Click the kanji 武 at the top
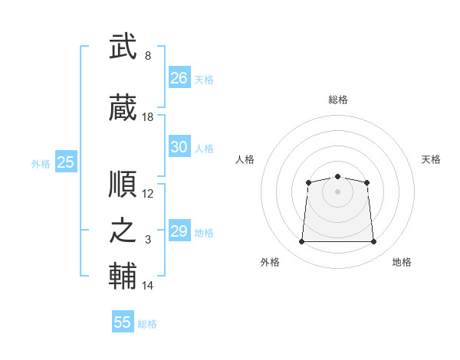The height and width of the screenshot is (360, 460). pyautogui.click(x=123, y=47)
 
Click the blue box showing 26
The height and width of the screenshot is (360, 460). pyautogui.click(x=179, y=77)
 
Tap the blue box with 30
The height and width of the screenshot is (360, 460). pyautogui.click(x=179, y=147)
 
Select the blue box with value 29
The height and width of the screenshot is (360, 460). pyautogui.click(x=179, y=231)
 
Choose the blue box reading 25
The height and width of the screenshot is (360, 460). pyautogui.click(x=65, y=162)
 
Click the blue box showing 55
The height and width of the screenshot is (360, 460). pyautogui.click(x=123, y=322)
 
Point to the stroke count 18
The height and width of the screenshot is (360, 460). pyautogui.click(x=148, y=117)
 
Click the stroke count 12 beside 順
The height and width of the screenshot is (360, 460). pyautogui.click(x=148, y=194)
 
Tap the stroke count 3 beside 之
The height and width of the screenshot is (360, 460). pyautogui.click(x=148, y=240)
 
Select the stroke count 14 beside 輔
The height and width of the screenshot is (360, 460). pyautogui.click(x=148, y=286)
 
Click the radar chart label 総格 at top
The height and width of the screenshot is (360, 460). pyautogui.click(x=338, y=100)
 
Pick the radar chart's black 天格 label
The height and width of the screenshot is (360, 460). pyautogui.click(x=431, y=159)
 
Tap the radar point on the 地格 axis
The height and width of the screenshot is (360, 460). pyautogui.click(x=374, y=242)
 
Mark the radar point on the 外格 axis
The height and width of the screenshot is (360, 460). pyautogui.click(x=301, y=242)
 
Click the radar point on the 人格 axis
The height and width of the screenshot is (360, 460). pyautogui.click(x=308, y=182)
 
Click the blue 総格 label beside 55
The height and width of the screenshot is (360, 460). pyautogui.click(x=147, y=324)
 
